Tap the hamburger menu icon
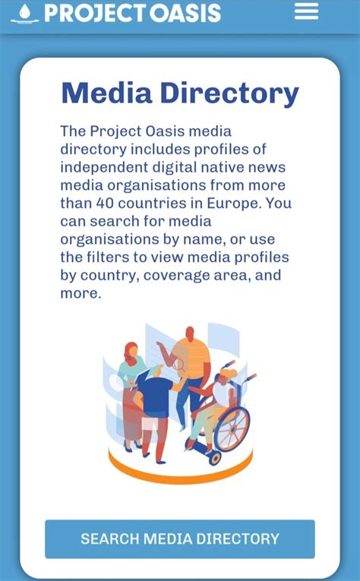point(306,11)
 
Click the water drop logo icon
point(25,13)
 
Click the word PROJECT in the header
point(90,13)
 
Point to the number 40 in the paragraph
point(105,204)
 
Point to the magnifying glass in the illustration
point(179,365)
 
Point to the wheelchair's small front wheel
point(214,457)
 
